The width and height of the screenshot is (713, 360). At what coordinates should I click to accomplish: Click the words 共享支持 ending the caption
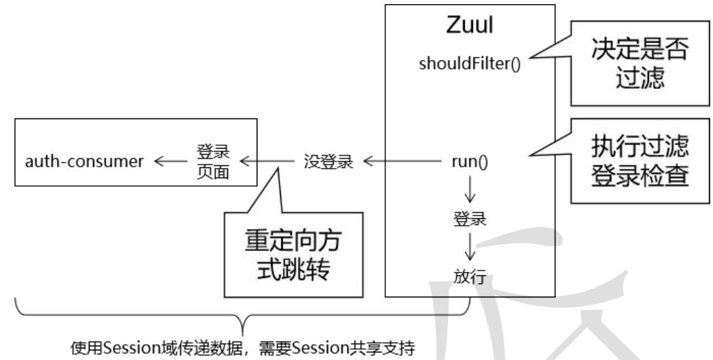coord(390,343)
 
